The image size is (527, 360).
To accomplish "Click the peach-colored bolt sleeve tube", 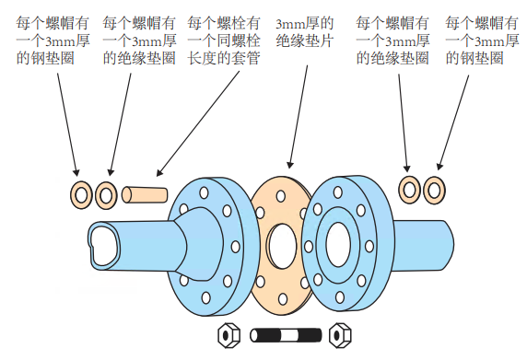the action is [x=145, y=195].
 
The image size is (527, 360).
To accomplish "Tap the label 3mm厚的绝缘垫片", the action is [x=305, y=32].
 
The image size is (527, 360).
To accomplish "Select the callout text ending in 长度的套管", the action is [x=224, y=41].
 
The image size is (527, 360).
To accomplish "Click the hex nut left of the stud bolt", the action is [x=228, y=335].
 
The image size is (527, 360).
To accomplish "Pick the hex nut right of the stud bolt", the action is [x=340, y=335].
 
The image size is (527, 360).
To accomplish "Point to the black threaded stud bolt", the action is [x=286, y=335].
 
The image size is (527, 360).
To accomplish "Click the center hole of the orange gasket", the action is [x=283, y=246].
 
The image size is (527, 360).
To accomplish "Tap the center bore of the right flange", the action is [x=338, y=245].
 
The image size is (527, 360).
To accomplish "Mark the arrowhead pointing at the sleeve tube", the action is [x=159, y=172].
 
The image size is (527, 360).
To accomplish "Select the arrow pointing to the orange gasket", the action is [x=299, y=117].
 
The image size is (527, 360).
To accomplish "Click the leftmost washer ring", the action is [x=81, y=195].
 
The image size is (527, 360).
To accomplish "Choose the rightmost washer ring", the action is [x=434, y=191].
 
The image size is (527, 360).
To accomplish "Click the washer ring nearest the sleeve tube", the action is [x=106, y=195].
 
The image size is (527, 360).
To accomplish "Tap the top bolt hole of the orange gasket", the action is [x=281, y=196].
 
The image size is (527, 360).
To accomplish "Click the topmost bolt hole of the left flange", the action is [x=204, y=193].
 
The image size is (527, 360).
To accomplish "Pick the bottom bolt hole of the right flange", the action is [x=340, y=297].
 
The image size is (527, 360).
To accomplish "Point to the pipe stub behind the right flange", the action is [x=424, y=245].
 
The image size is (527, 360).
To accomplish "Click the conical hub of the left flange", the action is [x=198, y=244].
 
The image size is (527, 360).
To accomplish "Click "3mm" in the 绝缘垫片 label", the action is [x=288, y=24].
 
